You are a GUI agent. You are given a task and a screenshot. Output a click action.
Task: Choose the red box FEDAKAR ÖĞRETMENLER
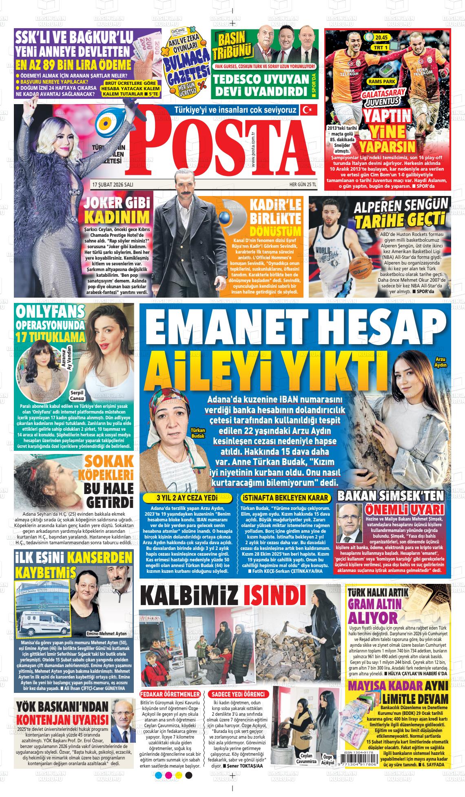tap(170, 694)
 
